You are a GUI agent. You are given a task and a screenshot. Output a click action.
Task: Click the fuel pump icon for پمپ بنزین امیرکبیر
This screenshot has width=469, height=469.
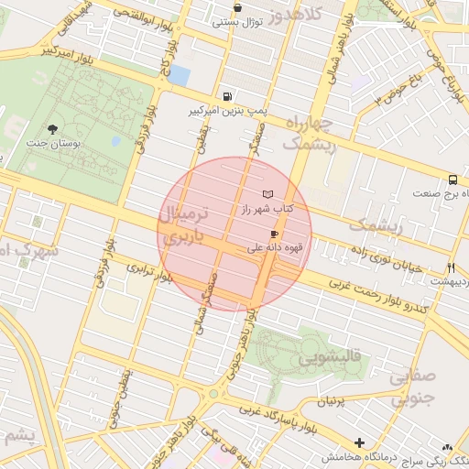click(226, 96)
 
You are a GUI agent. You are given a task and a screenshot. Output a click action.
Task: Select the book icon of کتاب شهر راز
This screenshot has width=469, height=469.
click(267, 194)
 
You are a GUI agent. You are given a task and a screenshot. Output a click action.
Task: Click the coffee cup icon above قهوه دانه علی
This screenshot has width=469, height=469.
click(274, 234)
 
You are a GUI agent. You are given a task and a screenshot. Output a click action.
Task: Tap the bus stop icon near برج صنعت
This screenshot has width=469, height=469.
click(453, 180)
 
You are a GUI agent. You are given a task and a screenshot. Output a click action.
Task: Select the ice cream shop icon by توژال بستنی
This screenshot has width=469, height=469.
click(237, 7)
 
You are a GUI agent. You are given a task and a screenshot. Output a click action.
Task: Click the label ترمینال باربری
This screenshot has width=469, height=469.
click(186, 226)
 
